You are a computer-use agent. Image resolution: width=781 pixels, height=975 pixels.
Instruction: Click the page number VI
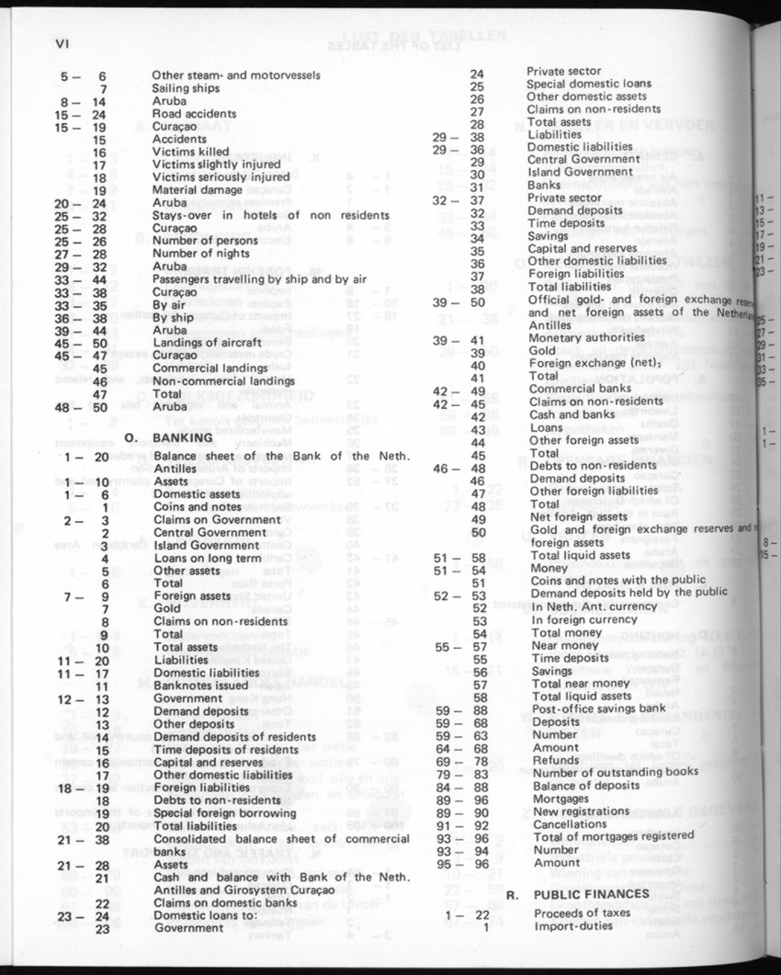coord(62,43)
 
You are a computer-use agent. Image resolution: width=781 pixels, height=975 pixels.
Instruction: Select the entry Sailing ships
coord(187,88)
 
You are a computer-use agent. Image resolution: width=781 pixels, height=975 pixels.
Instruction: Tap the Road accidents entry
coord(194,114)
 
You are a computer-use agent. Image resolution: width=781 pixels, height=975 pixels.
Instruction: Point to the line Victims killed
coord(191,152)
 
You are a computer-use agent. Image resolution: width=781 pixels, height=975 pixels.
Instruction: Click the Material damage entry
coord(198,189)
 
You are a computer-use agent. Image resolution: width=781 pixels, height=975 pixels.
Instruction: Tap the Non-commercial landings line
coord(223,380)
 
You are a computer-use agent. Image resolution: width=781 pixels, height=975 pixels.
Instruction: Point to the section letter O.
coord(130,438)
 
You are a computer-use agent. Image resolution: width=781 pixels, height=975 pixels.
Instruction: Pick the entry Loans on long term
coord(208,558)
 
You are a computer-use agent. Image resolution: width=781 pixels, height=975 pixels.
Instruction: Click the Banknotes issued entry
coord(202,685)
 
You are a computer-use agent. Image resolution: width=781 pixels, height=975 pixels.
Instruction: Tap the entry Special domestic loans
coord(588,84)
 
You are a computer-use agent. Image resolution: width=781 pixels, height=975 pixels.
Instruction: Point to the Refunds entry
coord(557,759)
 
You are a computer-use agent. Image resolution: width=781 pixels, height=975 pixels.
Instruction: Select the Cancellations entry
coord(570,823)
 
